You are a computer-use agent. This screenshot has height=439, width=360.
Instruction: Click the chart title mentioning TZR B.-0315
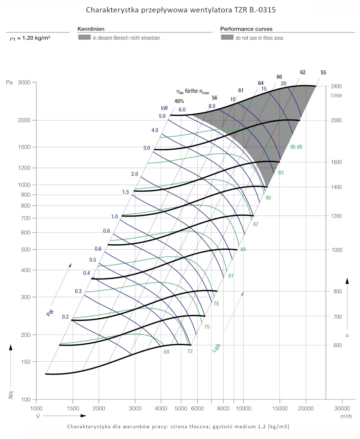coord(181,10)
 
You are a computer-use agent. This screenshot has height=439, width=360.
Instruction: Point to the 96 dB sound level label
coord(296,147)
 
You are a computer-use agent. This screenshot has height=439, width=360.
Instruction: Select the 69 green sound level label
coord(166,352)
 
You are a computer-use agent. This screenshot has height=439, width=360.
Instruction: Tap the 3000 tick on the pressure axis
coord(24,82)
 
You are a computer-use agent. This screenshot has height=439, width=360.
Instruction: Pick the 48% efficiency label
coord(179,101)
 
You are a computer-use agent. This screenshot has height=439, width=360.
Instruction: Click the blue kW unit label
coord(165,108)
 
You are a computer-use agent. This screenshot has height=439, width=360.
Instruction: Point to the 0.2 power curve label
coord(65,317)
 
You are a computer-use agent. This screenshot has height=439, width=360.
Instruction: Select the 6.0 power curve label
coord(182,110)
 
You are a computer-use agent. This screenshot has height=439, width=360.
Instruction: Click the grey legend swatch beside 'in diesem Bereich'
coord(84,37)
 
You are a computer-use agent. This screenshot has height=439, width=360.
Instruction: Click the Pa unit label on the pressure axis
coord(9,82)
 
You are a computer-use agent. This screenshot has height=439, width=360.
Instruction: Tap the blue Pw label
coord(50,312)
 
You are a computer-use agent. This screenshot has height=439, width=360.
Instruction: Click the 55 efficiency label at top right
coord(323,73)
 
